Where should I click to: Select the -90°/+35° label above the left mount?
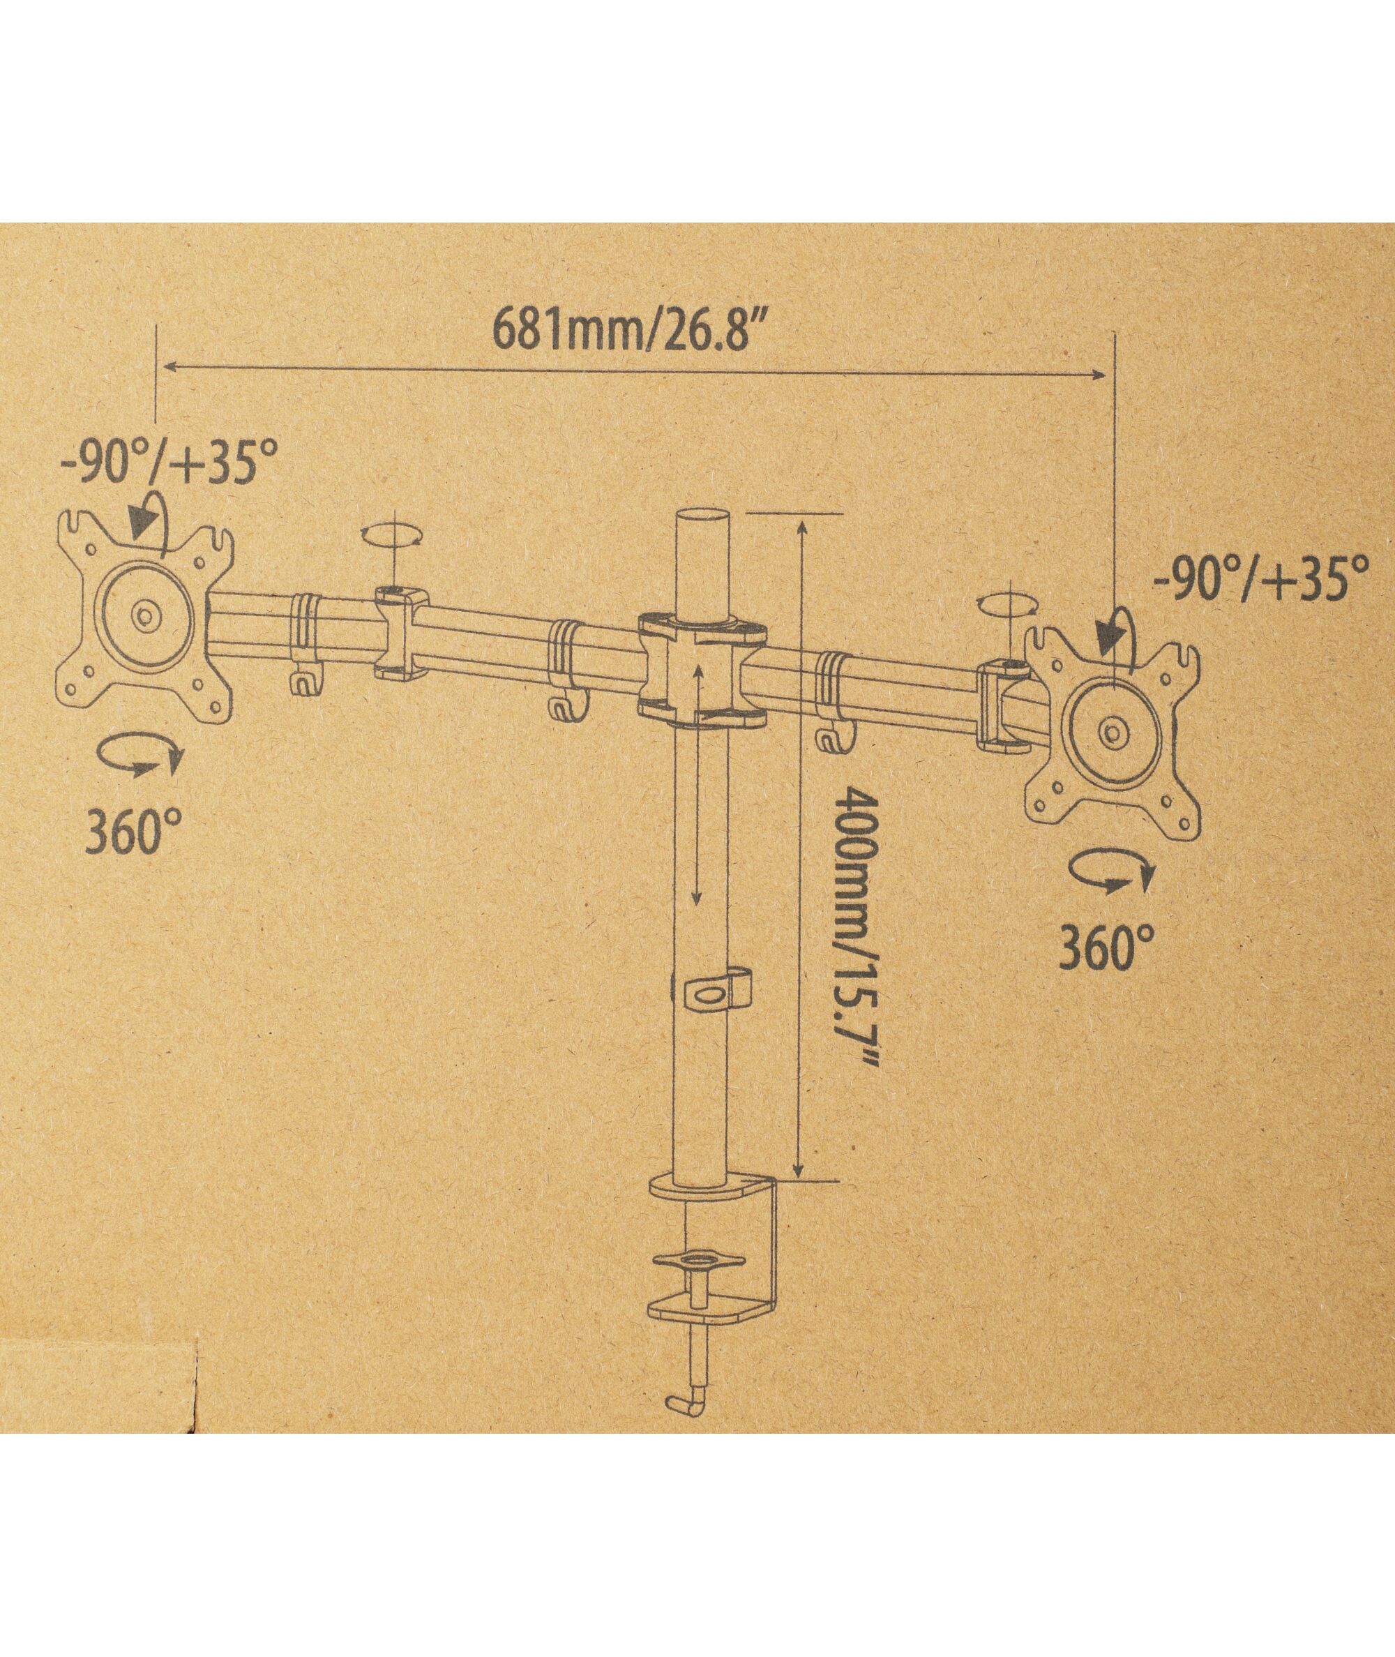(x=169, y=464)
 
